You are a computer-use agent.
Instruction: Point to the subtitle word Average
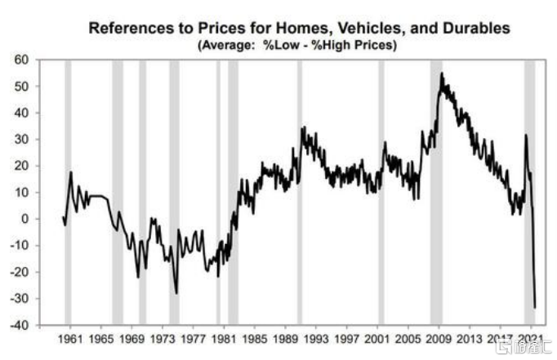coord(224,45)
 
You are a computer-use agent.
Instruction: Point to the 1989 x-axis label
coord(286,338)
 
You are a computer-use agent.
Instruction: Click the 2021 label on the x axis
coord(531,338)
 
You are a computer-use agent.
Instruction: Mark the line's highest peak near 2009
coord(441,73)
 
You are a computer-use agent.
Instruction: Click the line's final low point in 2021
coord(535,308)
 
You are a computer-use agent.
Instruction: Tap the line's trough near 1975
coord(176,293)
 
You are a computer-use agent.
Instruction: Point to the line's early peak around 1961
coord(71,171)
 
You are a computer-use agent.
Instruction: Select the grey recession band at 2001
coord(381,192)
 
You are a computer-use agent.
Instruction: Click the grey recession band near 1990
coord(300,192)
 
